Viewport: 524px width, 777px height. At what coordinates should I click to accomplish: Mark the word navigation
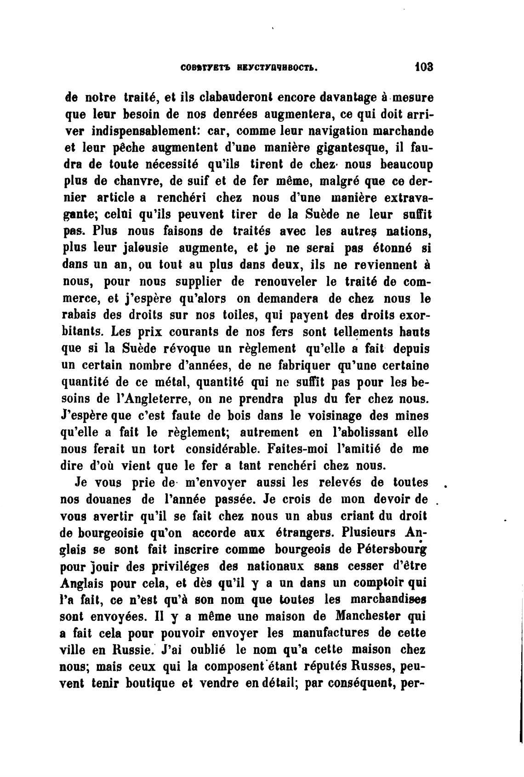(x=325, y=131)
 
